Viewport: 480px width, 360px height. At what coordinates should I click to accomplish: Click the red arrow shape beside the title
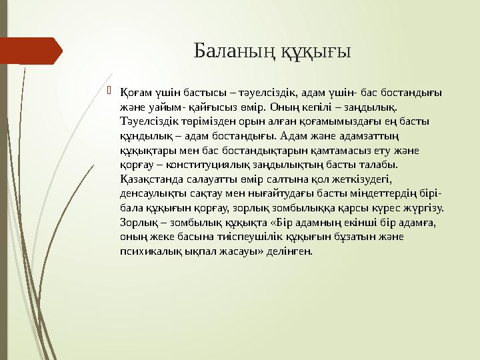pyautogui.click(x=30, y=51)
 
